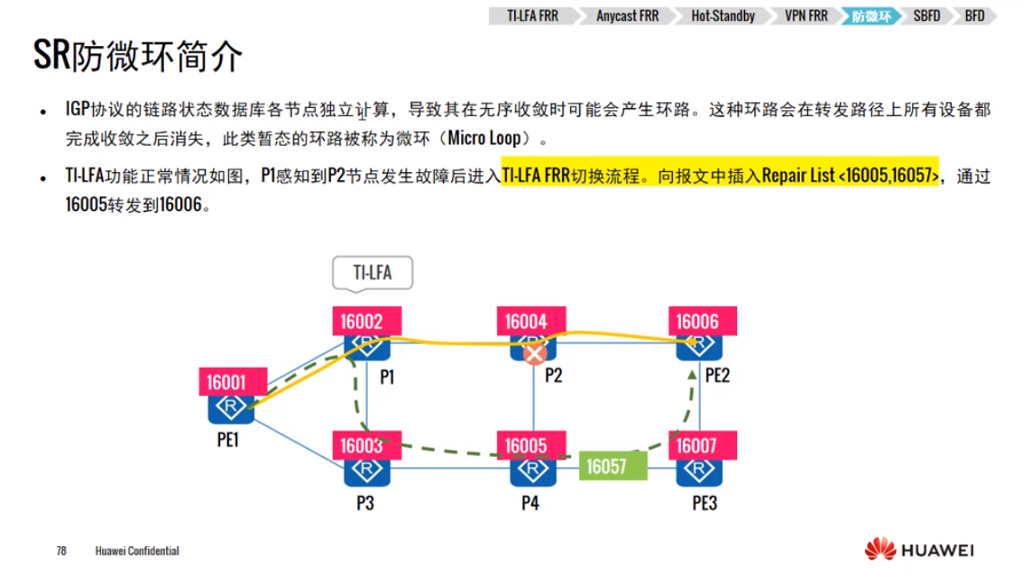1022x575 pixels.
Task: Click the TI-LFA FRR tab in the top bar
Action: click(x=533, y=16)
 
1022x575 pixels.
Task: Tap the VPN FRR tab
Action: click(x=806, y=16)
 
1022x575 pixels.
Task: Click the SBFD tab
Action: click(x=925, y=16)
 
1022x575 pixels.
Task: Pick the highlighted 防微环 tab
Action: click(x=871, y=16)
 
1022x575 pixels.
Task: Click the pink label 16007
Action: click(x=703, y=444)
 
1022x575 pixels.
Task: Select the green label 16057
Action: click(x=613, y=465)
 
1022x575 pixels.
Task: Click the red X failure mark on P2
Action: click(x=535, y=354)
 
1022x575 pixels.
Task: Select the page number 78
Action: click(x=62, y=551)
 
